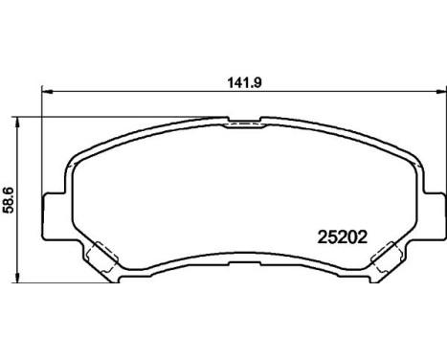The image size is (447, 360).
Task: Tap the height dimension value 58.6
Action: tap(9, 201)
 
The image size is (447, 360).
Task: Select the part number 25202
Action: tap(342, 232)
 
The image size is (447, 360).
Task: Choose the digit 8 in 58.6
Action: tap(9, 204)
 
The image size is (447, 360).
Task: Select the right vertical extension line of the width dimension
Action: tap(444, 144)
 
